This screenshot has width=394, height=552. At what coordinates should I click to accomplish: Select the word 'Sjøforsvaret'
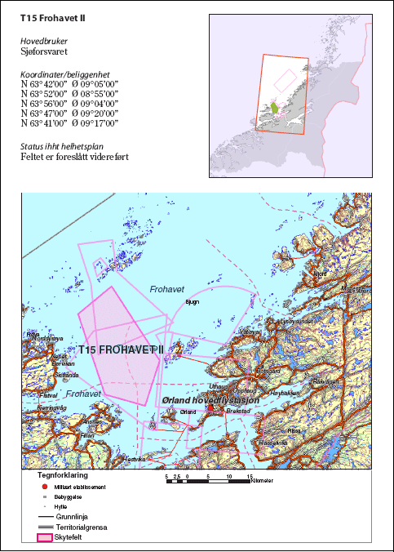(x=49, y=50)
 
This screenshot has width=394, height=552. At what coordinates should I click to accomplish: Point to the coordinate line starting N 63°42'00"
(x=69, y=84)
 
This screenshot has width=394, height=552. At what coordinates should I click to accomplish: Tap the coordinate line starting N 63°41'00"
(x=69, y=123)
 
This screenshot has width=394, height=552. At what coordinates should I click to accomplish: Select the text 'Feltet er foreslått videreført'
(x=75, y=157)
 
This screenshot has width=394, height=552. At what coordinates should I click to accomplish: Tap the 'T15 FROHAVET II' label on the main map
(x=122, y=349)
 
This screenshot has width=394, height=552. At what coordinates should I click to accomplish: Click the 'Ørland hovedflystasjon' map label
(x=211, y=401)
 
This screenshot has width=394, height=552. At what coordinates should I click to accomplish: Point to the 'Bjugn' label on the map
(x=193, y=301)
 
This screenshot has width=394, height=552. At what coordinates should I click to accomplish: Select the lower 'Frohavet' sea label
(x=84, y=394)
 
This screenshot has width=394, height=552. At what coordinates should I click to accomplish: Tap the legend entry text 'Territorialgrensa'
(x=84, y=528)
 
